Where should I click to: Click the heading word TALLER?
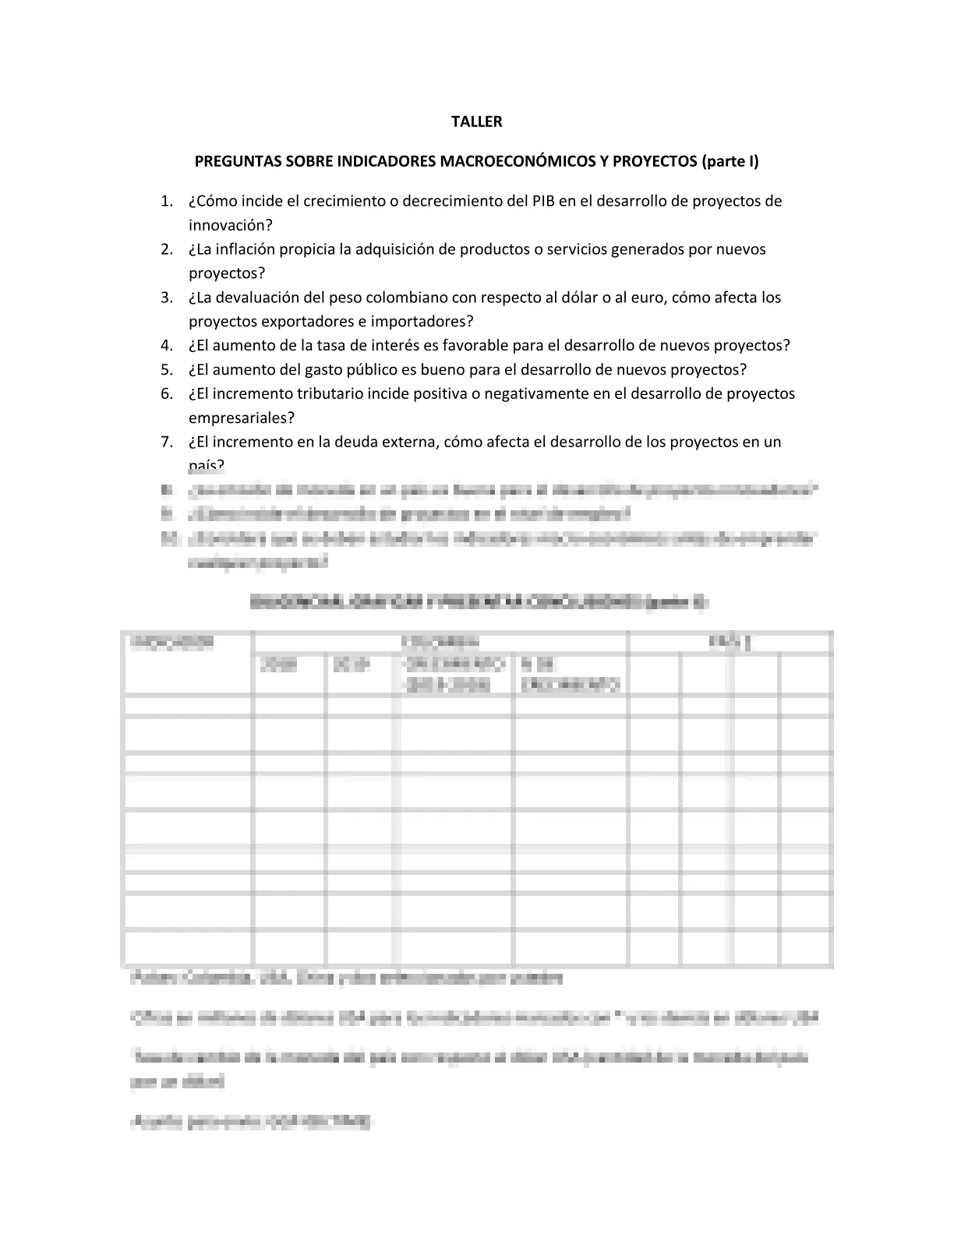click(x=477, y=122)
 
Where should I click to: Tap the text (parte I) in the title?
click(x=730, y=161)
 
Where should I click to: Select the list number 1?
click(x=166, y=201)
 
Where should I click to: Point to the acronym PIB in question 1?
click(x=542, y=201)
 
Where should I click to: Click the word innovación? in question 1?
click(x=231, y=225)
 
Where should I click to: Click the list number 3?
click(x=166, y=298)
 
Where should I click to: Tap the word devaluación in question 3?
click(x=256, y=298)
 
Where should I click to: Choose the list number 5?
click(x=166, y=369)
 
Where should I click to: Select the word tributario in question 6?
click(x=327, y=393)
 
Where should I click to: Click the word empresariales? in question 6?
click(x=242, y=418)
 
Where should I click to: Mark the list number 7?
click(x=166, y=442)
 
